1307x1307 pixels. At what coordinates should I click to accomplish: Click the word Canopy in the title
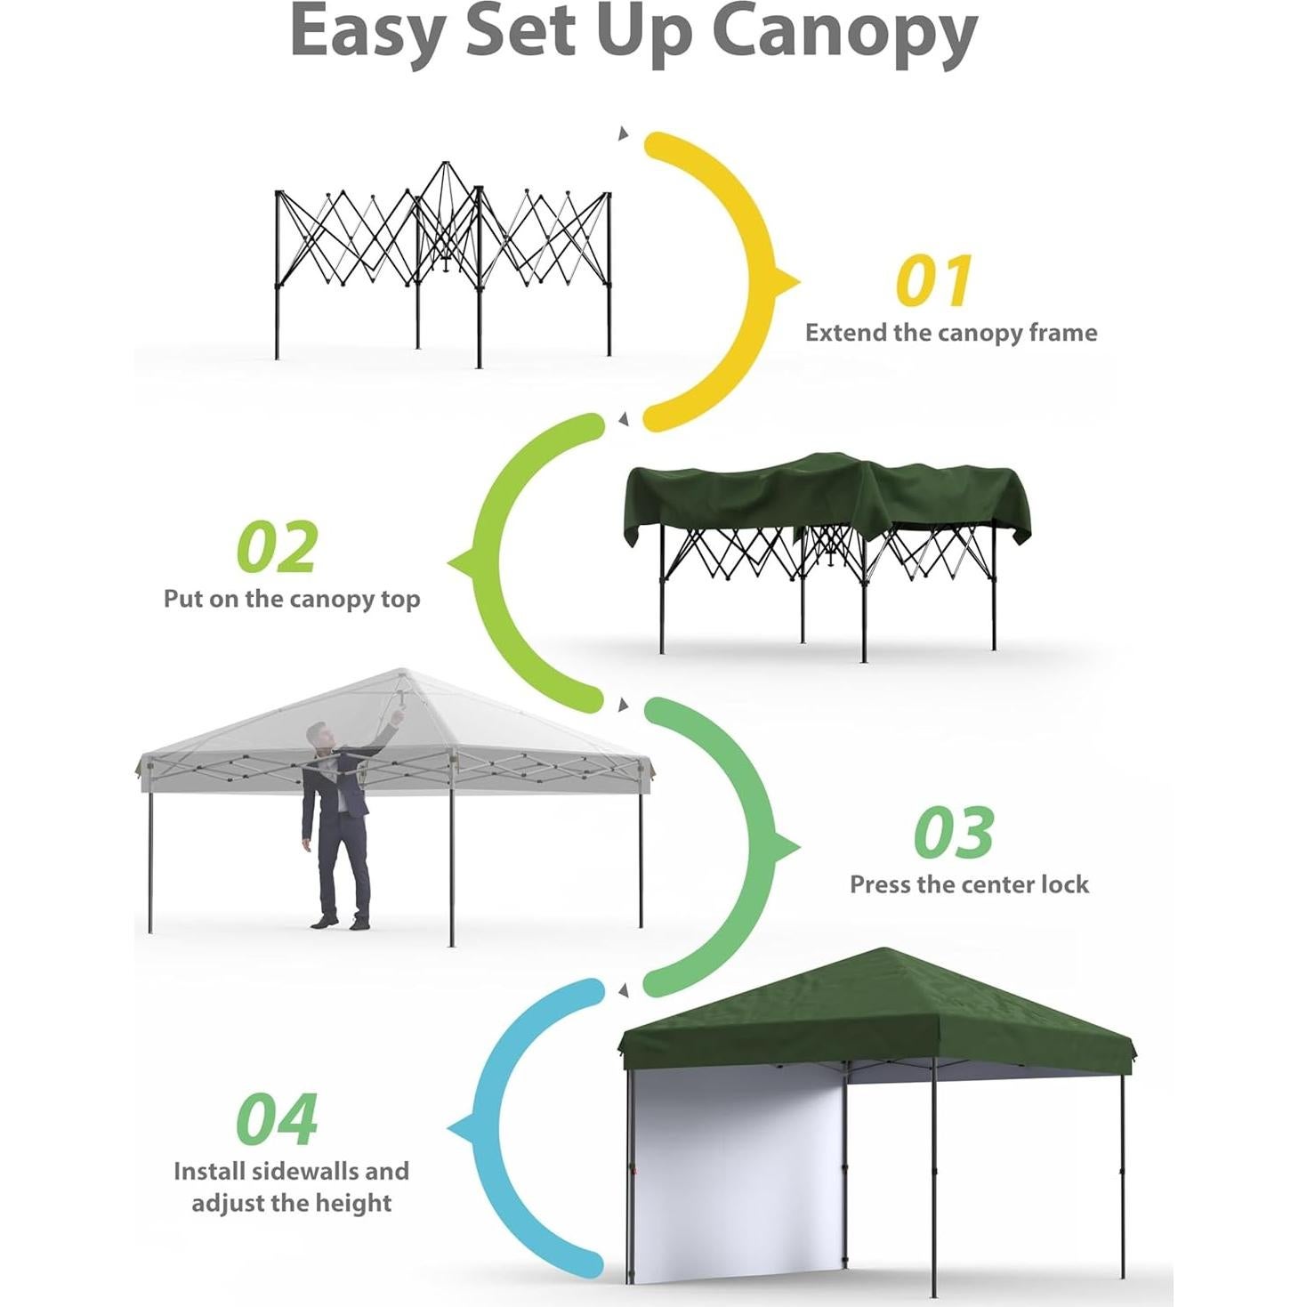844,34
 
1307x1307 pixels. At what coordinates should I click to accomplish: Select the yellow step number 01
932,281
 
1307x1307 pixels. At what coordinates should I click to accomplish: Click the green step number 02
277,547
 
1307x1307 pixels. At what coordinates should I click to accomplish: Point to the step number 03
953,833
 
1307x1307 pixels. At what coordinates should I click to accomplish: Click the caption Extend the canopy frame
950,333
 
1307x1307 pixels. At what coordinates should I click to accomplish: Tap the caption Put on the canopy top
291,599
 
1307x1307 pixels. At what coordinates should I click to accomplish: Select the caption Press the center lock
968,884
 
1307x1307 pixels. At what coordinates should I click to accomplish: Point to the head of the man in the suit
319,735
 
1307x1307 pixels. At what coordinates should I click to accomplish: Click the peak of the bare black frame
445,165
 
